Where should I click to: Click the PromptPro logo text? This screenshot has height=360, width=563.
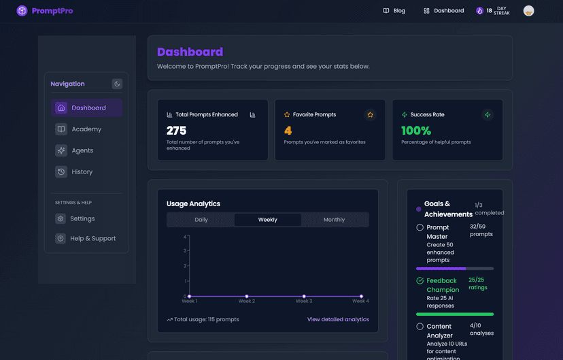[x=52, y=11]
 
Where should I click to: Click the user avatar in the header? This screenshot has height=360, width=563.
[x=528, y=11]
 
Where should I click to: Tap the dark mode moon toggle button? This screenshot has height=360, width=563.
[x=117, y=84]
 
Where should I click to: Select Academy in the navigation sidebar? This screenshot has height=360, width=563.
[x=86, y=129]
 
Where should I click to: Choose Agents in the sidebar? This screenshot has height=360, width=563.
[x=82, y=150]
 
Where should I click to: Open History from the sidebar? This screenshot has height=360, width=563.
[x=82, y=172]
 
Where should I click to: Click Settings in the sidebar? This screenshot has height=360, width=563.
[x=82, y=219]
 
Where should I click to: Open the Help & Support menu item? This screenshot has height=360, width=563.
[x=92, y=239]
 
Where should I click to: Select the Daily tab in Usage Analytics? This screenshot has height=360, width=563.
[x=201, y=220]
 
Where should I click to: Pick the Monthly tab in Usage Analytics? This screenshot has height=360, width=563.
[x=334, y=220]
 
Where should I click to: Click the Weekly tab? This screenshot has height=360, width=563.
[x=267, y=220]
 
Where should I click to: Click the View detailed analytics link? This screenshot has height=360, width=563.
[x=338, y=319]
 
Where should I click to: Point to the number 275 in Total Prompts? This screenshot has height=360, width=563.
[x=176, y=131]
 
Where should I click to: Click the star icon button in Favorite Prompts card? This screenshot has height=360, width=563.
[x=370, y=115]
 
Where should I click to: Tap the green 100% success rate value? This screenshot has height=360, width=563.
[x=415, y=131]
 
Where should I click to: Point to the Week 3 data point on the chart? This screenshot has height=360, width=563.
[x=303, y=296]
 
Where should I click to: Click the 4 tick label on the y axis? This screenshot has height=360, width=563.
[x=185, y=237]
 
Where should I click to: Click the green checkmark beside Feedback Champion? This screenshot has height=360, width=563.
[x=420, y=280]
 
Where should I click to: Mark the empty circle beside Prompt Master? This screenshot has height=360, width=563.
[x=420, y=227]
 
